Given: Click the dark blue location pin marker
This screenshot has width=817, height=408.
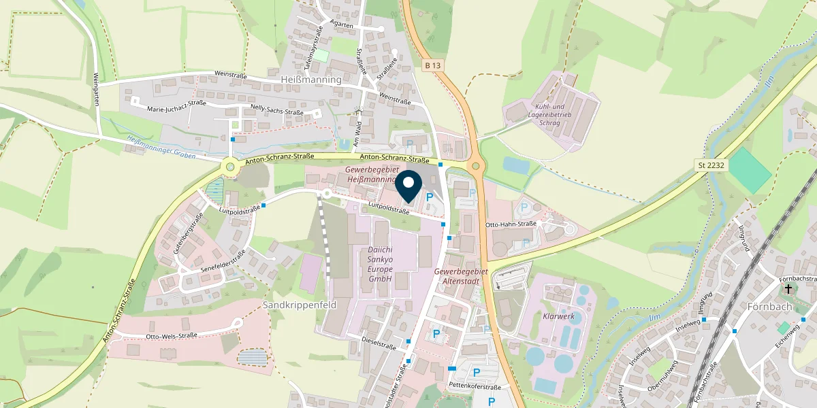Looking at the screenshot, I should [408, 187].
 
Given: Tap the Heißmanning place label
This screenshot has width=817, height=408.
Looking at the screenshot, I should [310, 80].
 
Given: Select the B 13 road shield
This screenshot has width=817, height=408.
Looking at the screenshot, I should [432, 65].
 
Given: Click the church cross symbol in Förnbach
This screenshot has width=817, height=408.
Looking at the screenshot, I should [789, 289].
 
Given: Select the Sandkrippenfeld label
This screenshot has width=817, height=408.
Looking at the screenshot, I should [300, 305].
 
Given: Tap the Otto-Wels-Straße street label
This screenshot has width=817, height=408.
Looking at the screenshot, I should [172, 335].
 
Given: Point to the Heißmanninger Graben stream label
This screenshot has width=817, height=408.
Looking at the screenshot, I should [161, 148].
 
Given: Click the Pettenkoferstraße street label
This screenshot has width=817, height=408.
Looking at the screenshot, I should [475, 387].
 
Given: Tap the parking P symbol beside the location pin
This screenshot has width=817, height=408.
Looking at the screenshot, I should [430, 197].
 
